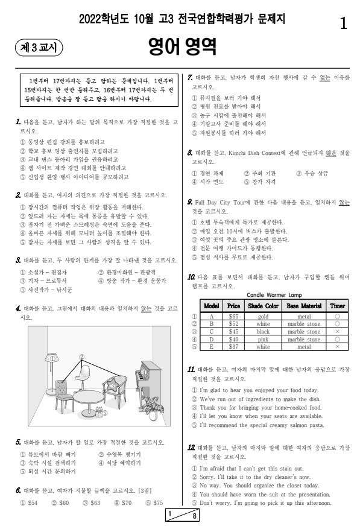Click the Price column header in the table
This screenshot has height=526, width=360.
(233, 306)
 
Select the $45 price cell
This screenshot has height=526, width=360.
(233, 331)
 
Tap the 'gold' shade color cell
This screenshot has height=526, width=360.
(263, 315)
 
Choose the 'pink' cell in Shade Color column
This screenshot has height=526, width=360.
(263, 339)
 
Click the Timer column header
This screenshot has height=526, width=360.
(337, 306)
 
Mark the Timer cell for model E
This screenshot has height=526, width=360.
(337, 347)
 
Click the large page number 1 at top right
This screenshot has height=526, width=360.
(343, 24)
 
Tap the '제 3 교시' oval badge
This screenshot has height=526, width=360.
(39, 46)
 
